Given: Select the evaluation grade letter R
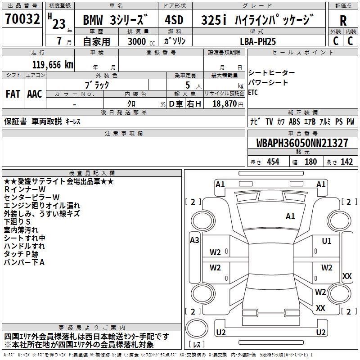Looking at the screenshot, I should pyautogui.click(x=343, y=20).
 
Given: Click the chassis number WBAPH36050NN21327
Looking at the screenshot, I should pyautogui.click(x=302, y=143).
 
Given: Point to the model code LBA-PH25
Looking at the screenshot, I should pyautogui.click(x=258, y=41).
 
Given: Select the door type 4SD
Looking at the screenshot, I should pyautogui.click(x=175, y=20).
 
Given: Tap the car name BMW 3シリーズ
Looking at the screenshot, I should pyautogui.click(x=115, y=21).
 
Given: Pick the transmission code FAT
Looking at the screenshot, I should pyautogui.click(x=13, y=94).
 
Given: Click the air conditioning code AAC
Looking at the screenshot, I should pyautogui.click(x=35, y=94).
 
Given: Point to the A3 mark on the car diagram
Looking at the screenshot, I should pyautogui.click(x=194, y=240).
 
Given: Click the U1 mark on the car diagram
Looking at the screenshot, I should pyautogui.click(x=327, y=241).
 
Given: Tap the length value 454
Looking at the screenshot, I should pyautogui.click(x=273, y=162).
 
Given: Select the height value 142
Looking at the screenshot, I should pyautogui.click(x=346, y=162).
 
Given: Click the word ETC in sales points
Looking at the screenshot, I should pyautogui.click(x=253, y=92).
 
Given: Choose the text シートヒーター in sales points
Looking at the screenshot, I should pyautogui.click(x=272, y=72).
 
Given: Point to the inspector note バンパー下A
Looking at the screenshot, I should pyautogui.click(x=24, y=262).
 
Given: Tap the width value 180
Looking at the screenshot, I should pyautogui.click(x=310, y=162).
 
